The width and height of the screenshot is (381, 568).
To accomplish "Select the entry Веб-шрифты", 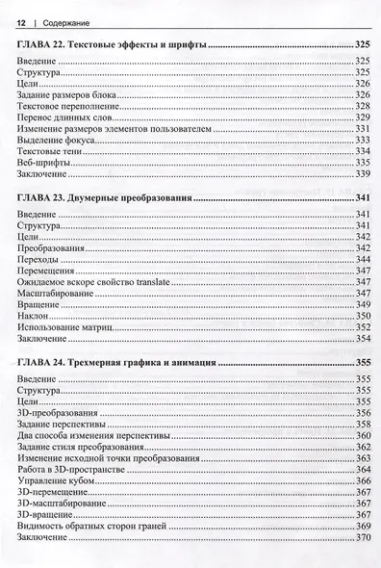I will pyautogui.click(x=41, y=163).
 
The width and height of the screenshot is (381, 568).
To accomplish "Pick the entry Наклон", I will pyautogui.click(x=33, y=315).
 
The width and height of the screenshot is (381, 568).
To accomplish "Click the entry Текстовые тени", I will pyautogui.click(x=47, y=151).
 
